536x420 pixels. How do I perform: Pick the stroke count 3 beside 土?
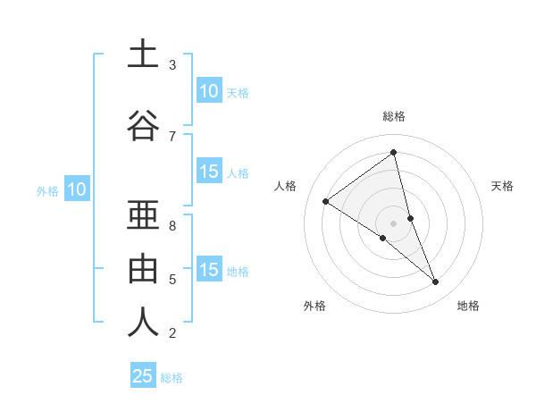pyautogui.click(x=172, y=65)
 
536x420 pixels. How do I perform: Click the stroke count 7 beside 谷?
pyautogui.click(x=172, y=136)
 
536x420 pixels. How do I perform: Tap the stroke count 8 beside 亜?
pyautogui.click(x=172, y=225)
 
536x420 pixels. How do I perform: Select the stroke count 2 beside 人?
pyautogui.click(x=172, y=333)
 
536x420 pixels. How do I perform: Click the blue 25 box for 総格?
pyautogui.click(x=143, y=376)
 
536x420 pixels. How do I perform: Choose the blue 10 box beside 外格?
pyautogui.click(x=77, y=189)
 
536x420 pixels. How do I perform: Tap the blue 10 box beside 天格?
pyautogui.click(x=208, y=91)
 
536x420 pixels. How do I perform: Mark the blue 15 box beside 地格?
pyautogui.click(x=208, y=270)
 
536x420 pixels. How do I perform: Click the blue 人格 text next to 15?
pyautogui.click(x=238, y=173)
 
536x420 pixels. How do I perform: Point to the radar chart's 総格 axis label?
pyautogui.click(x=394, y=116)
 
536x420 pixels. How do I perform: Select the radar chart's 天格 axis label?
pyautogui.click(x=502, y=186)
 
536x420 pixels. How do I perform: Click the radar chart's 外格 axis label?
pyautogui.click(x=314, y=306)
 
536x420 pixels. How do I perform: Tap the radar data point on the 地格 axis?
pyautogui.click(x=436, y=282)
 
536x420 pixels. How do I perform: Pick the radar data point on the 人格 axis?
pyautogui.click(x=325, y=201)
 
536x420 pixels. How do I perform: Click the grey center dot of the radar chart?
pyautogui.click(x=394, y=223)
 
